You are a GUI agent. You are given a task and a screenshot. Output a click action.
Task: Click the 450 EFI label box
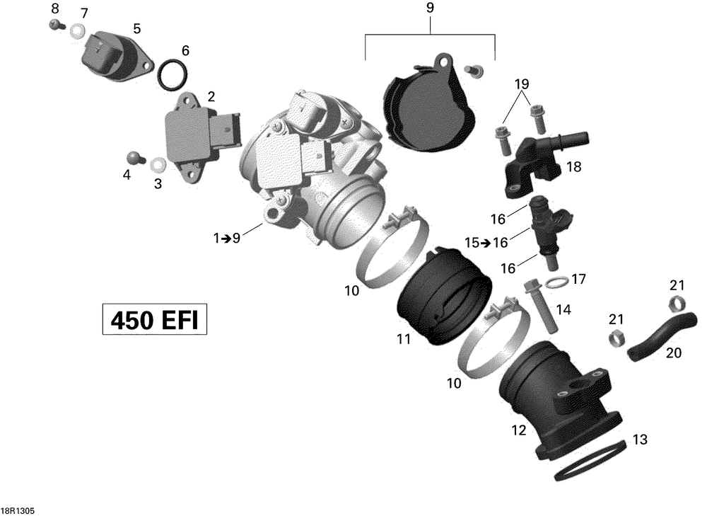tap(155, 320)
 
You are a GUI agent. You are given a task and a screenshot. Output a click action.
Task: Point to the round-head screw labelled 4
tap(134, 158)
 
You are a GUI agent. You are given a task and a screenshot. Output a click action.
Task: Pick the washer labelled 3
tap(158, 165)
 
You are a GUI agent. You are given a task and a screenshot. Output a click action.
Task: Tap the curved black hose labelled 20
tap(660, 336)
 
